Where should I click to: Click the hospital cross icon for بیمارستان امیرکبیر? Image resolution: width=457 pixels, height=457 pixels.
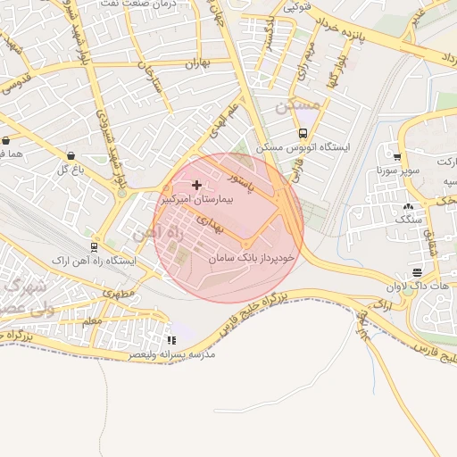pyautogui.click(x=197, y=185)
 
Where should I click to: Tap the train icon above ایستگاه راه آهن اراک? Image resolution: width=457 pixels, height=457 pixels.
pyautogui.click(x=95, y=246)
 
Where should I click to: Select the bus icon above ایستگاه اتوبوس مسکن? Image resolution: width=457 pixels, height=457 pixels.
pyautogui.click(x=303, y=133)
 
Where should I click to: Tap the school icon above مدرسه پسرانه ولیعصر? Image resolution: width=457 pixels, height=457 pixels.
pyautogui.click(x=171, y=340)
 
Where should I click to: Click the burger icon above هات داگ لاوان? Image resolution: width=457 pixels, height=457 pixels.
pyautogui.click(x=417, y=273)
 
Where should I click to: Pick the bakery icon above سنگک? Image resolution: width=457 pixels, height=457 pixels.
pyautogui.click(x=408, y=206)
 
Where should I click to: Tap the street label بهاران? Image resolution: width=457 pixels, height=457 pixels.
pyautogui.click(x=195, y=64)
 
